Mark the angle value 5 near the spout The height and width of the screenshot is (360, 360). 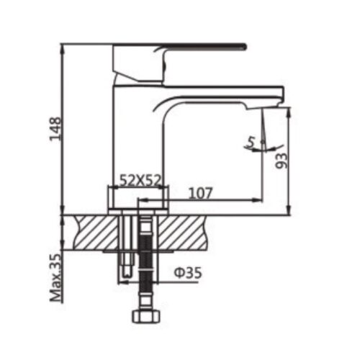(x=249, y=142)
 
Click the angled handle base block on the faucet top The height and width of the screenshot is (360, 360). (x=137, y=63)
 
